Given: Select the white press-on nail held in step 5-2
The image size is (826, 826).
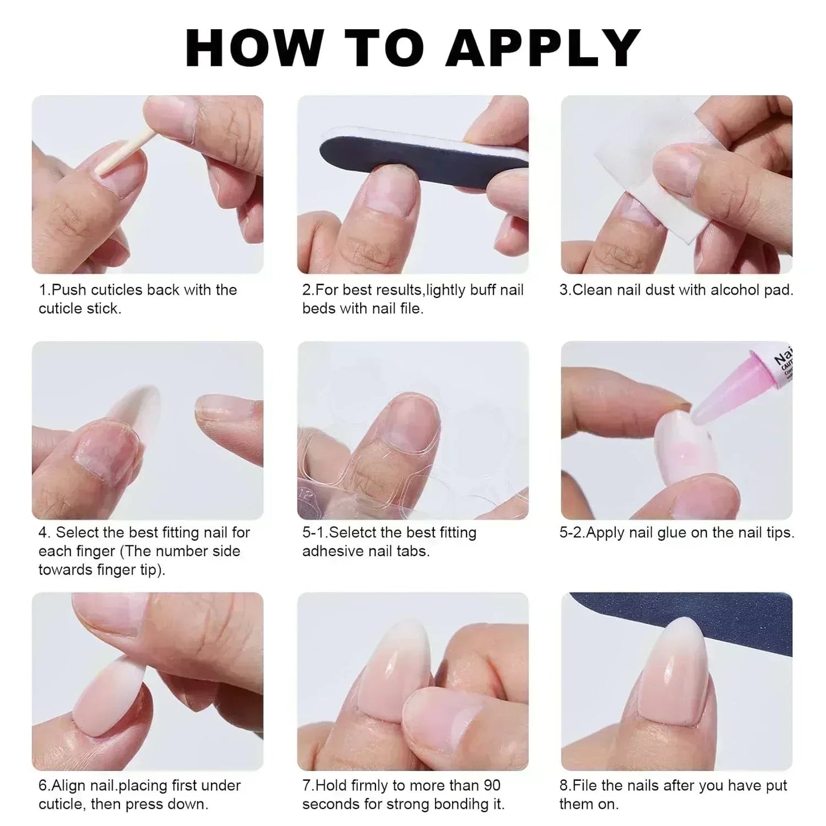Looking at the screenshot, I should (x=686, y=449).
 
